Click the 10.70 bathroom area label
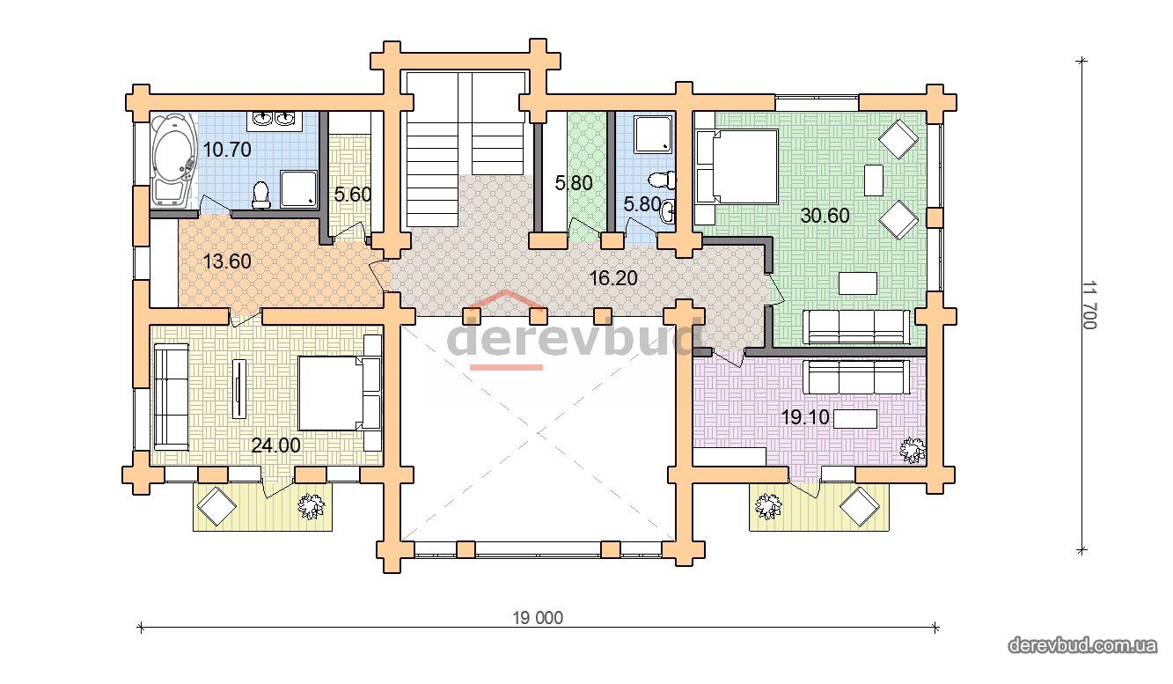point(227,150)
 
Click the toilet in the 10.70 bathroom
point(260,195)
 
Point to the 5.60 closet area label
point(352,195)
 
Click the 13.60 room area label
point(227,261)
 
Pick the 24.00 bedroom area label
point(276,445)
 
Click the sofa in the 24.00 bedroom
point(172,396)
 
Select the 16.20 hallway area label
point(613,278)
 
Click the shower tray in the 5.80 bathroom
point(653,134)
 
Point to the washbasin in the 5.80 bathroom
point(668,213)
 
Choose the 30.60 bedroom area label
point(825,216)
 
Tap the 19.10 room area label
point(805,417)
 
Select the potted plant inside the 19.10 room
point(913,451)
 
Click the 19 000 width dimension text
point(538,618)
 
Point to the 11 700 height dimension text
point(1089,305)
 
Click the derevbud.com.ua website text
point(1081,644)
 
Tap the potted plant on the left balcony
point(311,506)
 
